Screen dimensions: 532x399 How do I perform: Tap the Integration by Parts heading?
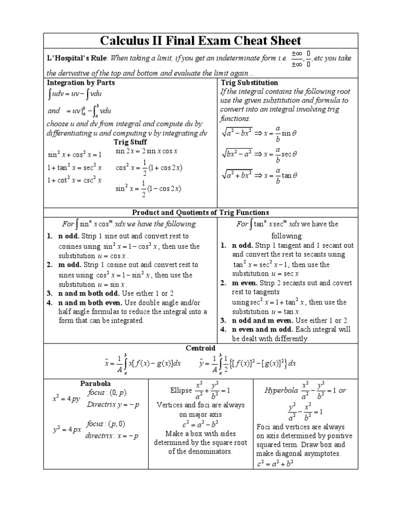click(x=81, y=83)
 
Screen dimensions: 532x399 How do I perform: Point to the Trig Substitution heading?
click(x=249, y=83)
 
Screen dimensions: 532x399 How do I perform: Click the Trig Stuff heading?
click(x=130, y=142)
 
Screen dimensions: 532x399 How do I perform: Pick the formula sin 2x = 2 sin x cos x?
click(x=147, y=151)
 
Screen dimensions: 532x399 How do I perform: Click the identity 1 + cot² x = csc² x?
click(x=75, y=180)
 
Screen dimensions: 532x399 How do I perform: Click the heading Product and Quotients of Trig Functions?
click(x=201, y=212)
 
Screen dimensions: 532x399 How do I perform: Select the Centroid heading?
click(x=200, y=348)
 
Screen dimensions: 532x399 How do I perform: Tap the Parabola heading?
click(x=96, y=383)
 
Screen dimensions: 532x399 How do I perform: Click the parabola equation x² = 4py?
click(x=66, y=400)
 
